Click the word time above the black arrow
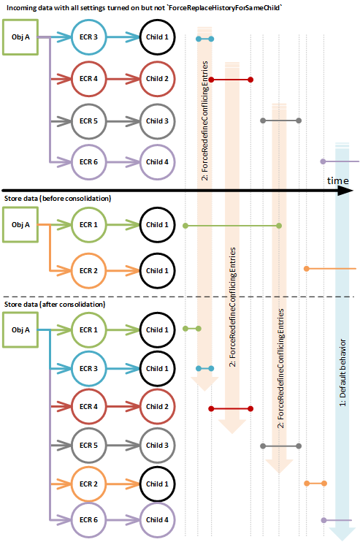tap(337, 180)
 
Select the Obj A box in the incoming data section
tap(21, 37)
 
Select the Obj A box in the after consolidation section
tap(21, 329)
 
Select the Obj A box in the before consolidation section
tap(21, 226)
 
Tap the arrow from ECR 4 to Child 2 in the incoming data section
tap(124, 79)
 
